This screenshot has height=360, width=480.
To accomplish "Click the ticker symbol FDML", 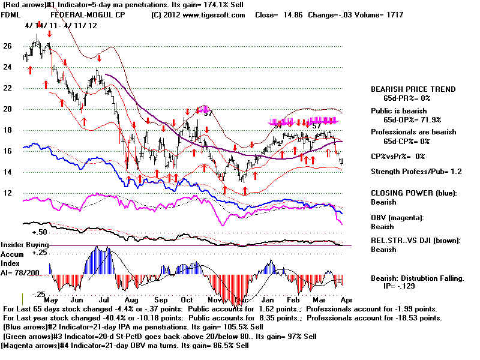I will tap(11, 14).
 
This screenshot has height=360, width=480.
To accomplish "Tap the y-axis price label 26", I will tap(7, 46).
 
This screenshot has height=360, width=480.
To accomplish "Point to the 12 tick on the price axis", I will tap(7, 193).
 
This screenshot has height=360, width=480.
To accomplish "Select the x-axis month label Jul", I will tap(103, 299).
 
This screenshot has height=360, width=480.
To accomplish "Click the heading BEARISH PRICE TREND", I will tap(413, 89).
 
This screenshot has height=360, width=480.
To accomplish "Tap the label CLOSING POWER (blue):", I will tap(413, 193).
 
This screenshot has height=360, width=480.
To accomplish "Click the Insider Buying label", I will tap(25, 245).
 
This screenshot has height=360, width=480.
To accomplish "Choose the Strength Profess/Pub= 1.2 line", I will tap(415, 172).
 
